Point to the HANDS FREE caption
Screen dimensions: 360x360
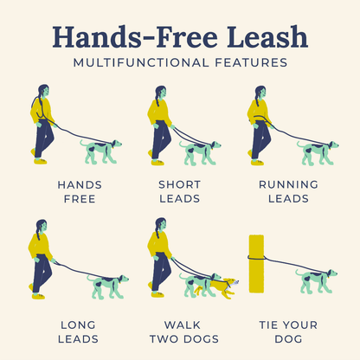coord(80,191)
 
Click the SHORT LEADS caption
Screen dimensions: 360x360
coord(179,191)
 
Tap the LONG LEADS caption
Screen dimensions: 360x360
coord(79,331)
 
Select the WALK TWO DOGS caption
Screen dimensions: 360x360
coord(179,331)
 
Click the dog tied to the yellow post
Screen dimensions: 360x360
coord(317,280)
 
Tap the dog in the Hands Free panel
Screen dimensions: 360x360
coord(101,151)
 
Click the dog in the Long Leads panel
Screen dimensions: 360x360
coord(107,286)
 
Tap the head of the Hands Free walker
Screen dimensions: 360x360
coord(43,91)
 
